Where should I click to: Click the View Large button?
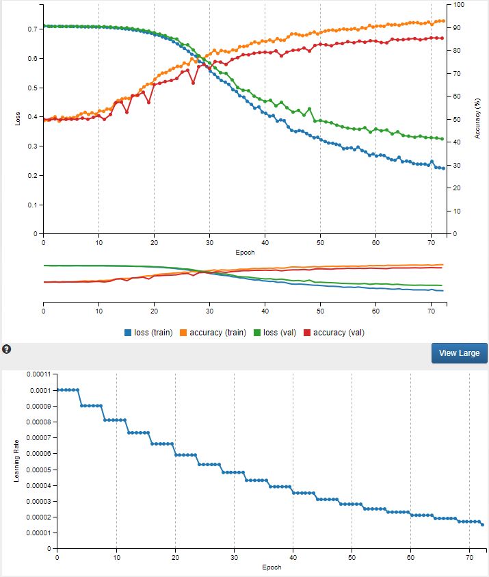click(460, 353)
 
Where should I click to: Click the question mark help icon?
click(7, 349)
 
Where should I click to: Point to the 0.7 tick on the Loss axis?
click(33, 29)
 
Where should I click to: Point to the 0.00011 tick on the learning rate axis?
click(39, 374)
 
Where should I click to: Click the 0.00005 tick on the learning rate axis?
click(39, 470)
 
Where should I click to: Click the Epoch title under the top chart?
click(244, 252)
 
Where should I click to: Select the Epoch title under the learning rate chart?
click(272, 567)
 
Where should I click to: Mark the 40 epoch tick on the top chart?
click(265, 242)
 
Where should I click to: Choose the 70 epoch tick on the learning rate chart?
click(469, 558)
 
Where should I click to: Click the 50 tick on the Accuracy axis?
click(458, 120)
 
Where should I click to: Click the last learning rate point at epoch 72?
click(481, 525)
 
